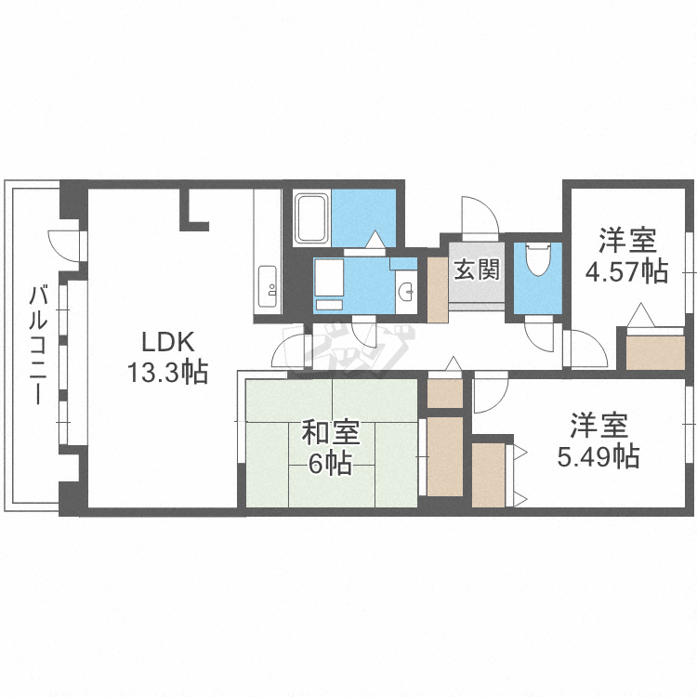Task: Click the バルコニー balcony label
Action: pos(38,345)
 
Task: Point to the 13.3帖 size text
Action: pos(167,373)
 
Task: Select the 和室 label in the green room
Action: pos(330,432)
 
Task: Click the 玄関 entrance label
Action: pos(478,270)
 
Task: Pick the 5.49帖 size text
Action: pos(598,456)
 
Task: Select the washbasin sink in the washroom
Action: pos(406,292)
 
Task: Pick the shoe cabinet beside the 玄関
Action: pos(437,289)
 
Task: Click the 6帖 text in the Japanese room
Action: pos(330,463)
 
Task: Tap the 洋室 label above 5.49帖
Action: pos(598,426)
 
